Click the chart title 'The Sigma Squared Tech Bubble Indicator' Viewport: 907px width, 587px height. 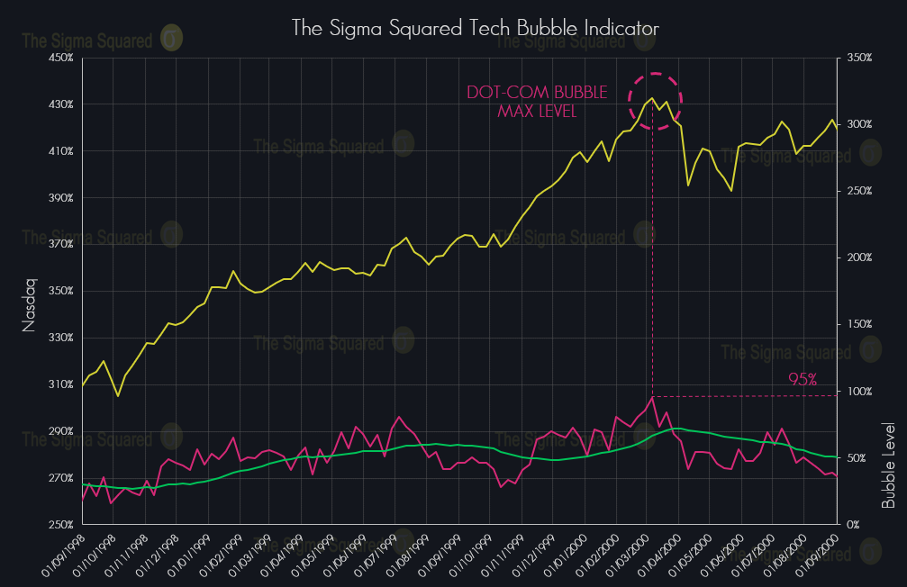click(x=475, y=28)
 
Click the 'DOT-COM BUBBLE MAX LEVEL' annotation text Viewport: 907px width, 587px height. click(x=537, y=102)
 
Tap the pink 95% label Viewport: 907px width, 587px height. click(x=802, y=380)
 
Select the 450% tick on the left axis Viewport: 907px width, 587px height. click(x=60, y=58)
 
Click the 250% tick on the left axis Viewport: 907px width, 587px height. click(x=60, y=524)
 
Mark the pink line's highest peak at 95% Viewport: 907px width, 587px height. click(x=651, y=397)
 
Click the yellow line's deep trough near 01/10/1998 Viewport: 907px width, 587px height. click(x=118, y=395)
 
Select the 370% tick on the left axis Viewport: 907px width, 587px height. click(x=60, y=244)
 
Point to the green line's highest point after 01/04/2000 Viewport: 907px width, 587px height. click(x=679, y=429)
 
